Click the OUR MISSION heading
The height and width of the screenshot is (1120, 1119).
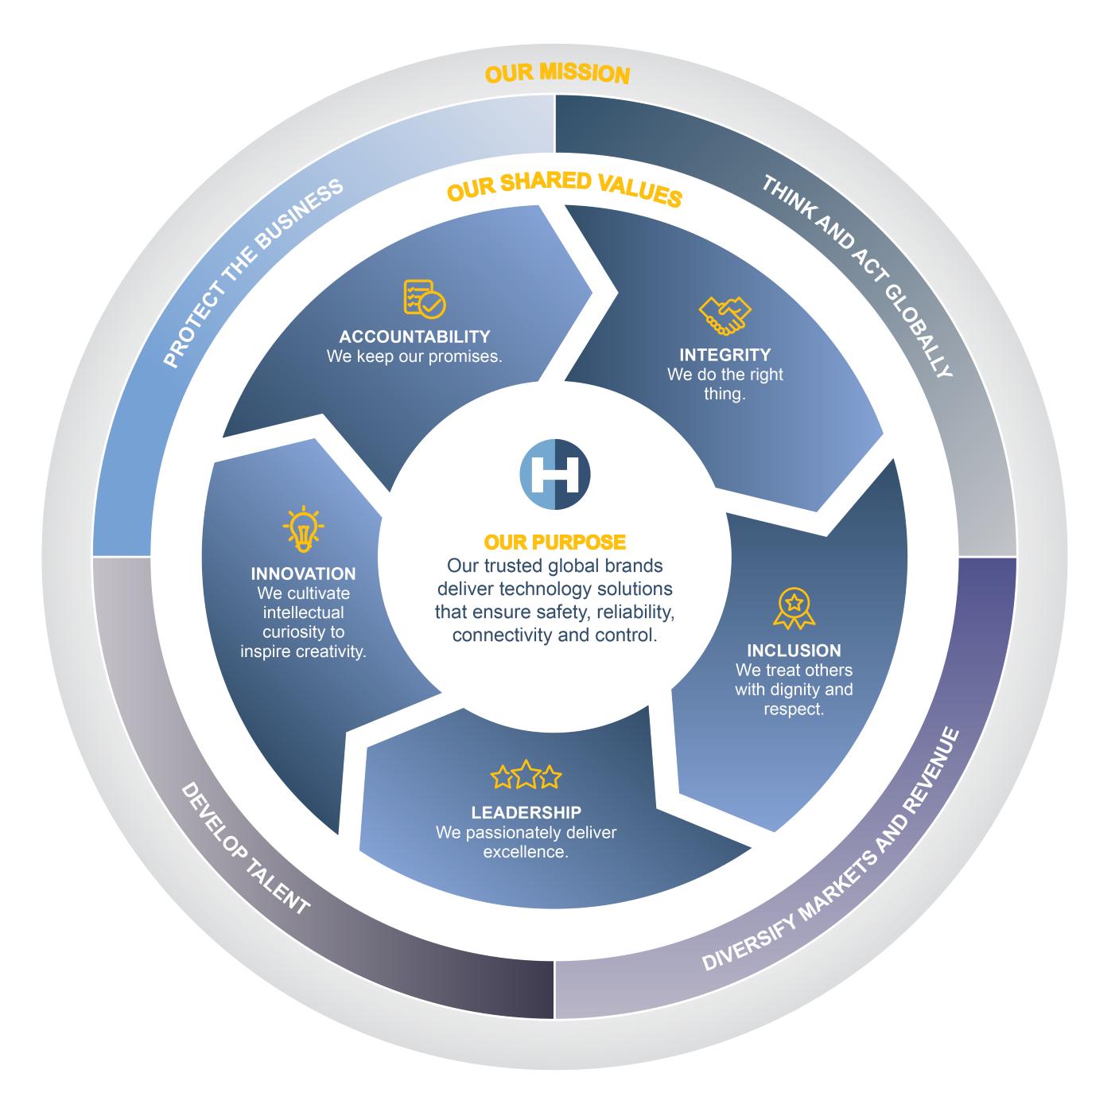click(557, 74)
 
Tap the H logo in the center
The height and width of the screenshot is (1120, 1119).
click(554, 473)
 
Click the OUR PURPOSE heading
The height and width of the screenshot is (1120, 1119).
click(554, 542)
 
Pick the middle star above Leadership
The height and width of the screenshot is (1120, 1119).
click(526, 776)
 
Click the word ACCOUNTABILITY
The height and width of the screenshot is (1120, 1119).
click(414, 336)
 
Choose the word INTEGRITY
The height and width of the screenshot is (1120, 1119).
click(725, 355)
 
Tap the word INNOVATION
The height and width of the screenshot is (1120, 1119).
click(303, 574)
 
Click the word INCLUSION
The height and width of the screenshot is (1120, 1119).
click(793, 651)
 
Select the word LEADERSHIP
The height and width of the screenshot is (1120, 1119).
click(526, 812)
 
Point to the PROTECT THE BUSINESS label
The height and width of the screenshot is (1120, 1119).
click(253, 273)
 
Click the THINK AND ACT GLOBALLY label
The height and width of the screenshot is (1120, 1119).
click(857, 275)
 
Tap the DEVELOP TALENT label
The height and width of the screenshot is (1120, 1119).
click(244, 849)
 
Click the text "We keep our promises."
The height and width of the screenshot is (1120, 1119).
click(414, 356)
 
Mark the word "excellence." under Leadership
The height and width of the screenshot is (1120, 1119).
click(526, 852)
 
